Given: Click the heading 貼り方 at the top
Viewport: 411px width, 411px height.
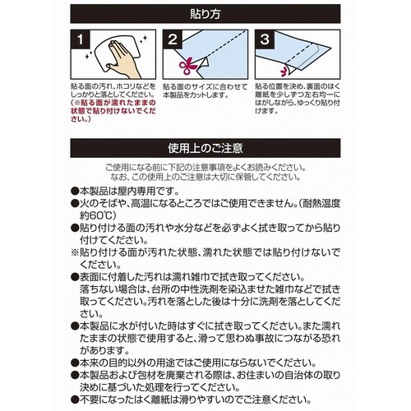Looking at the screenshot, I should (x=205, y=14).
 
